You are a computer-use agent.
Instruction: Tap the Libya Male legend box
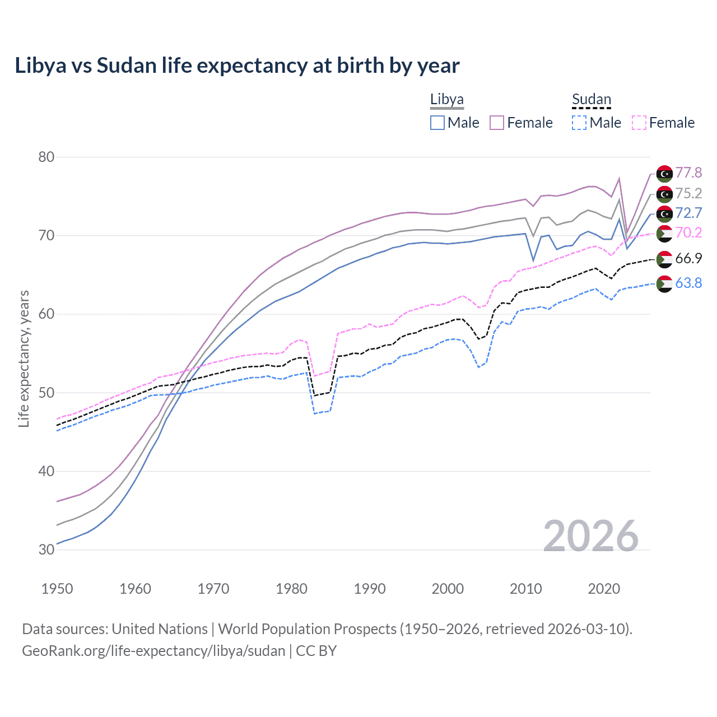(437, 123)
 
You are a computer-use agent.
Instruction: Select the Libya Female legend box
(497, 123)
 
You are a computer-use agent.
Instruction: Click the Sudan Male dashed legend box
(579, 123)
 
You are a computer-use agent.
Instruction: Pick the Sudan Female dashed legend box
(639, 123)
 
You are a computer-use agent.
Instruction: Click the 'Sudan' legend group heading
(591, 100)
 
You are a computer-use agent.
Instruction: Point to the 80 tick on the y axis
(46, 157)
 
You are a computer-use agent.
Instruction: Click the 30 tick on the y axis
(46, 550)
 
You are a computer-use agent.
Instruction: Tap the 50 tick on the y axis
(46, 393)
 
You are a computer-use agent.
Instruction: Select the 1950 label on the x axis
(57, 589)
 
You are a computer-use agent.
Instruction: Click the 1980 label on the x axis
(291, 589)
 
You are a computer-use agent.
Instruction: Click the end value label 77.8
(688, 173)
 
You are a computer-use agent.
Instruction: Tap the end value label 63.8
(688, 283)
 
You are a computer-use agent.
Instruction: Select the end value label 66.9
(688, 258)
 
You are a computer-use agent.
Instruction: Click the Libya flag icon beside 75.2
(664, 194)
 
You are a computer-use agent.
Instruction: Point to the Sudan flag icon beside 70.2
(664, 233)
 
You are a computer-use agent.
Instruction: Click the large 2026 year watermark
(591, 536)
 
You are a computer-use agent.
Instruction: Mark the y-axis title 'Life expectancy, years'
(24, 358)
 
